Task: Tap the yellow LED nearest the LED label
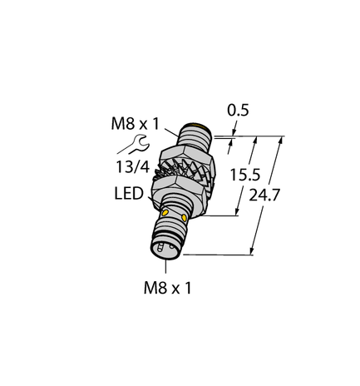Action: click(x=162, y=215)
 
